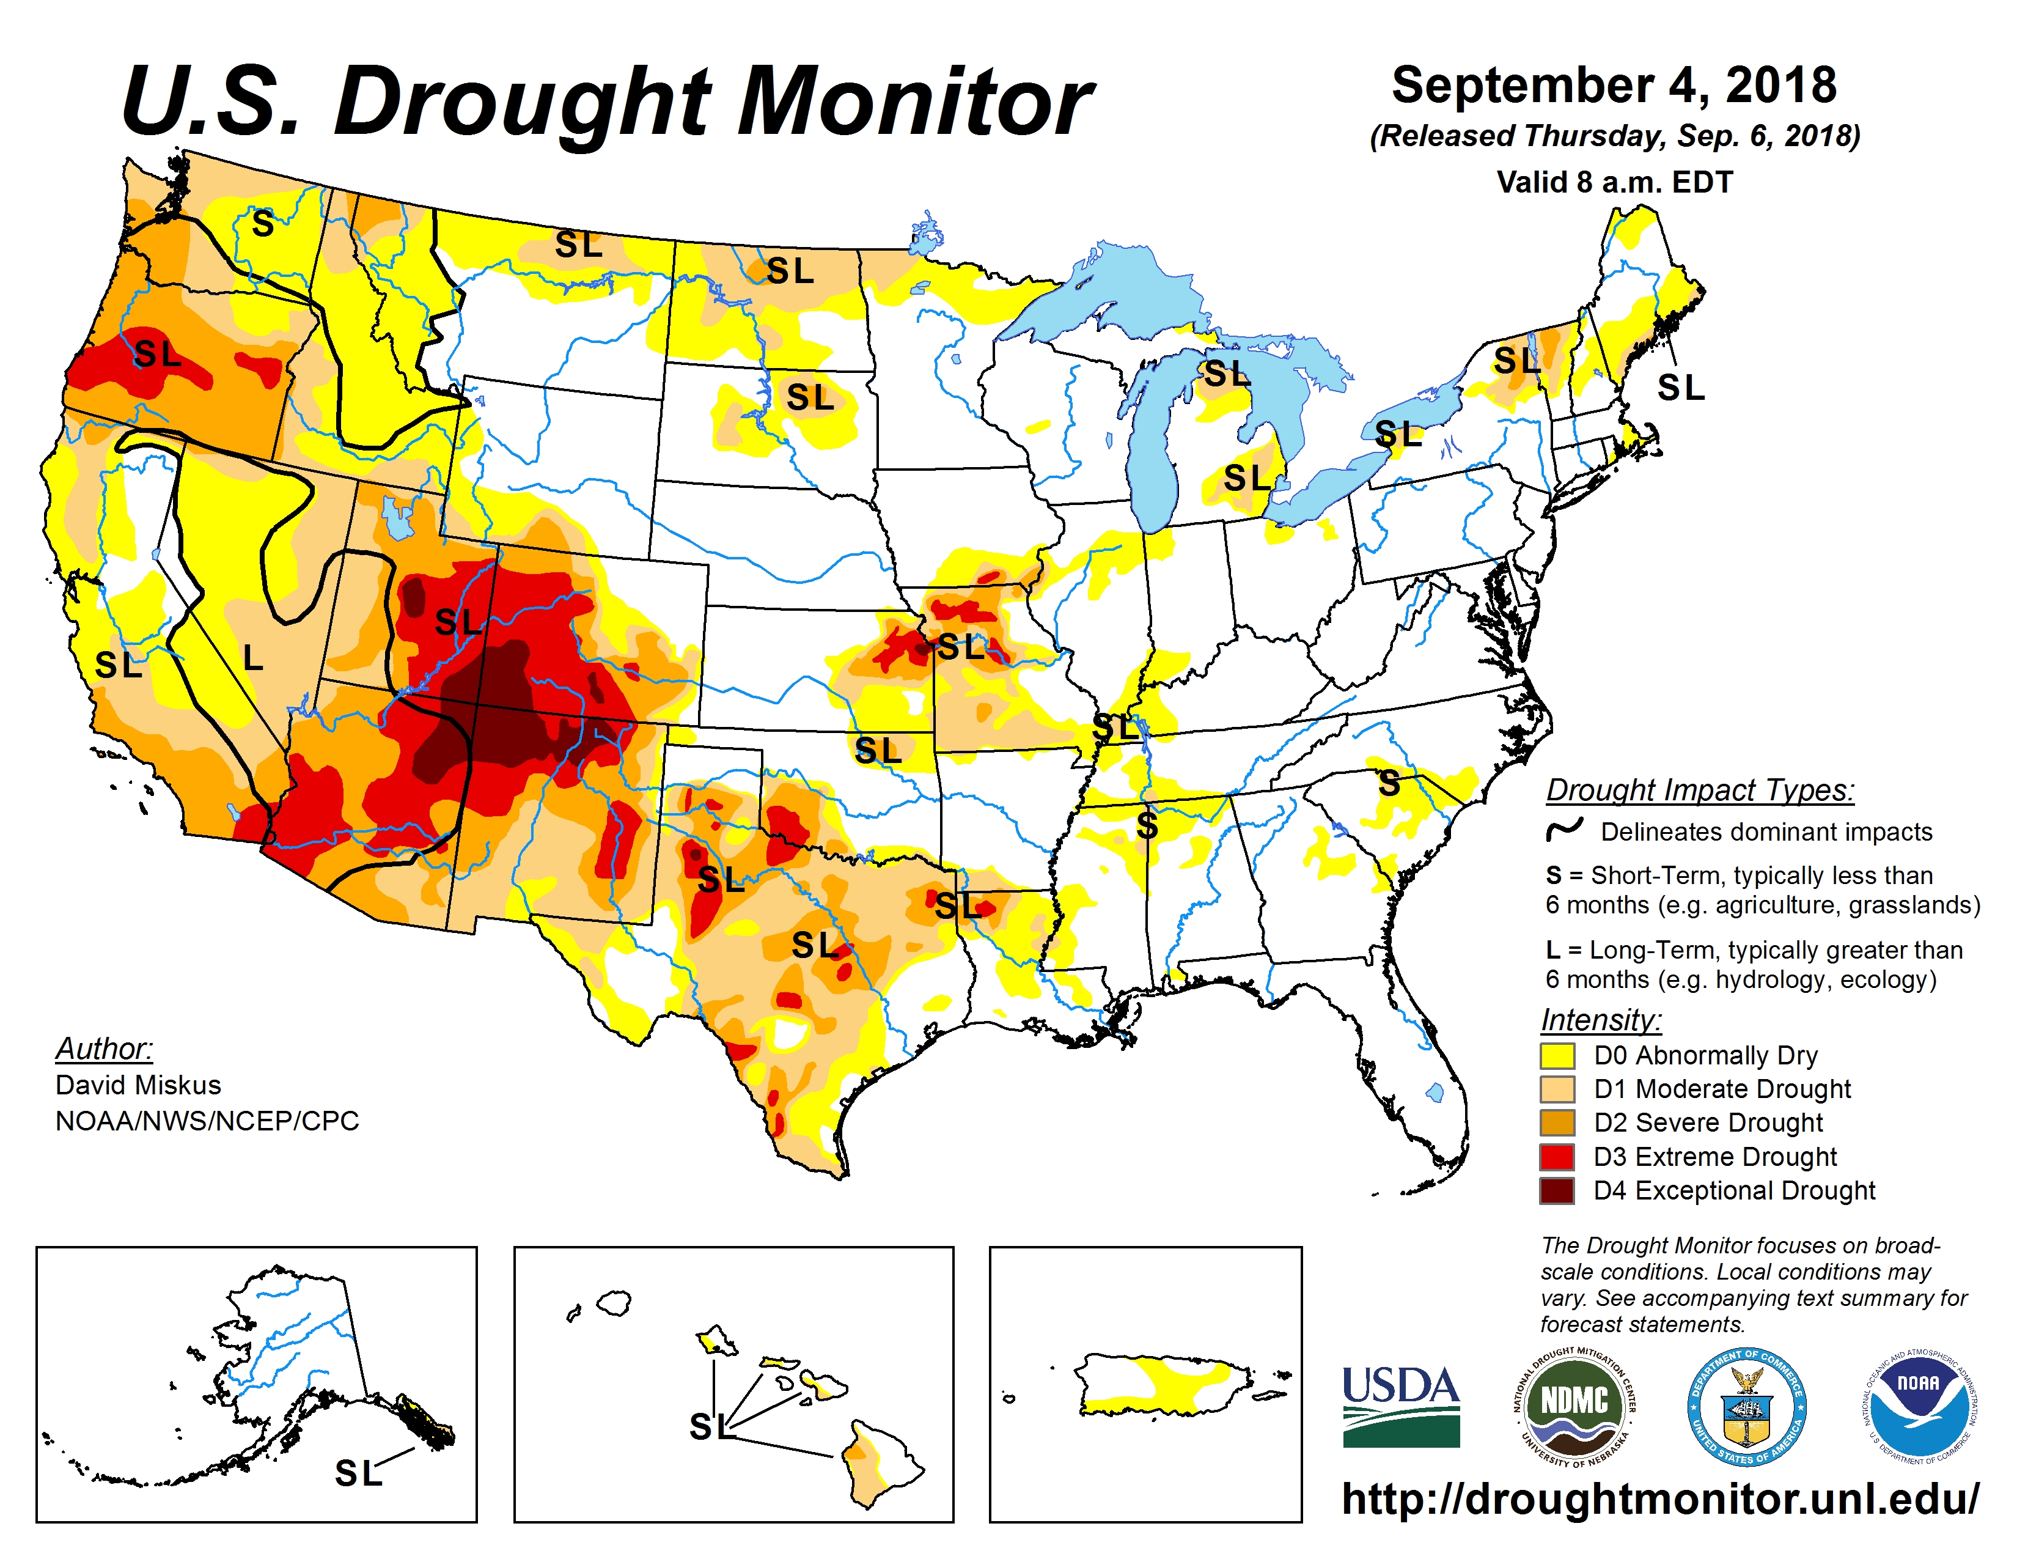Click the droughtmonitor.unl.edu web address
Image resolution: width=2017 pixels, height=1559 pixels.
tap(1659, 1498)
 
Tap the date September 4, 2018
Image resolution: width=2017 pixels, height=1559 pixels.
tap(1614, 86)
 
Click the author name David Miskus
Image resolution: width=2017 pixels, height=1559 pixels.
tap(139, 1085)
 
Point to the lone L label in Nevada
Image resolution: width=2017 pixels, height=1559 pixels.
tap(252, 658)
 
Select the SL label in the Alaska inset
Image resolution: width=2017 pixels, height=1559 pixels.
tap(358, 1473)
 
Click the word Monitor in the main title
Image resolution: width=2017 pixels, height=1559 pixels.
tap(914, 103)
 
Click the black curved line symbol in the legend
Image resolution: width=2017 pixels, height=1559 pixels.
tap(1565, 830)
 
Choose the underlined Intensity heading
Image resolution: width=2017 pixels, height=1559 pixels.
tap(1601, 1020)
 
